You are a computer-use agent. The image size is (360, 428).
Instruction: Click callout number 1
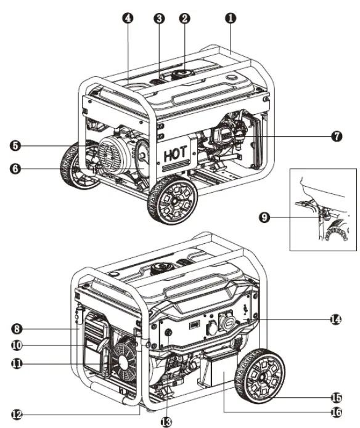pos(230,18)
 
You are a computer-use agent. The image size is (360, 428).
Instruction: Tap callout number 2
pos(184,18)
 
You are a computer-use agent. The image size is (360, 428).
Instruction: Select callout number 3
pos(159,18)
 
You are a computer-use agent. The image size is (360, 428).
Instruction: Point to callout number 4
pos(128,18)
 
